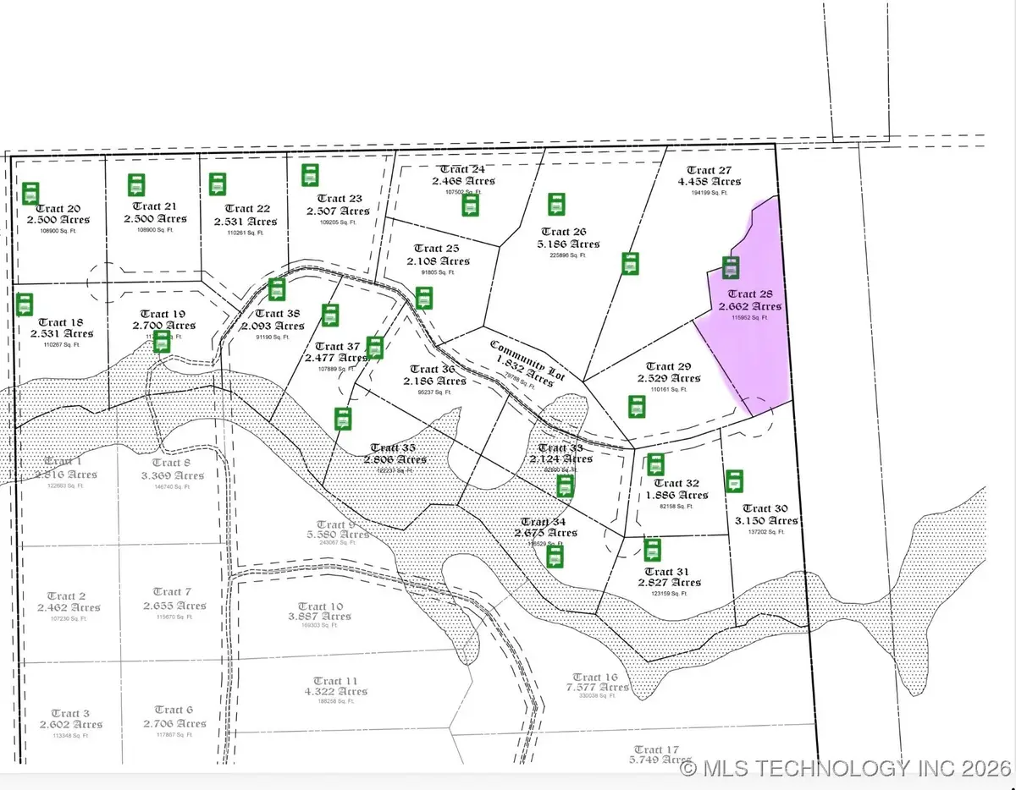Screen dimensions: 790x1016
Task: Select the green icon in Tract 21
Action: pos(136,185)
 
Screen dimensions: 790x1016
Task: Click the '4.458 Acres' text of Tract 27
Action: pos(709,181)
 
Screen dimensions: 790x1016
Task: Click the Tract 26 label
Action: pos(563,232)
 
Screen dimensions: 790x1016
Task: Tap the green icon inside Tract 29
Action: pos(636,407)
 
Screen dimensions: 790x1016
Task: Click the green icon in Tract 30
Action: pos(735,481)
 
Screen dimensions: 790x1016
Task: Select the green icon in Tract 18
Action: pos(25,304)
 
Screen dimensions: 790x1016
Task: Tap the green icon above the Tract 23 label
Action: pos(310,175)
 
